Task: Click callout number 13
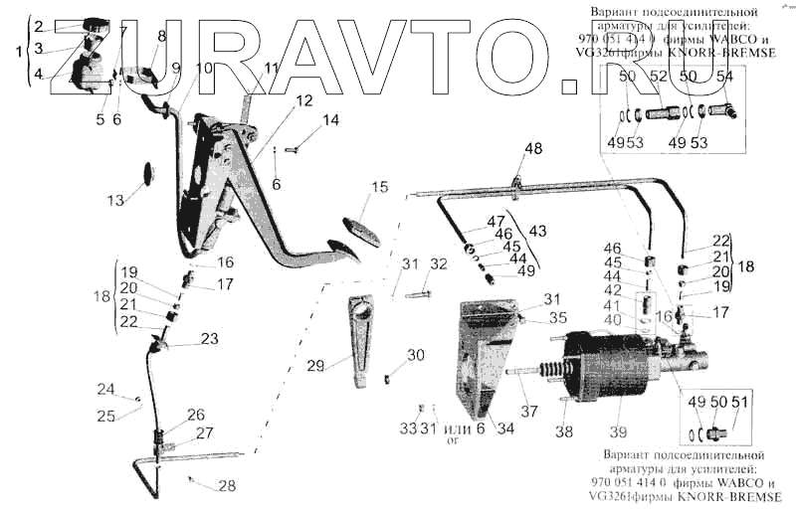click(x=116, y=200)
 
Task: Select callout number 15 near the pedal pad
click(x=379, y=187)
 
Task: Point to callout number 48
click(x=534, y=149)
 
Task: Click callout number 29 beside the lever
click(x=316, y=366)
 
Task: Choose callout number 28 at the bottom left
click(x=228, y=486)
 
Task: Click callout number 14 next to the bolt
click(x=329, y=120)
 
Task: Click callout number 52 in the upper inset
click(x=658, y=77)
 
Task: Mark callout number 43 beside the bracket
click(x=537, y=230)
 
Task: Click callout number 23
click(x=209, y=338)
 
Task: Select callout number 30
click(x=415, y=355)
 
